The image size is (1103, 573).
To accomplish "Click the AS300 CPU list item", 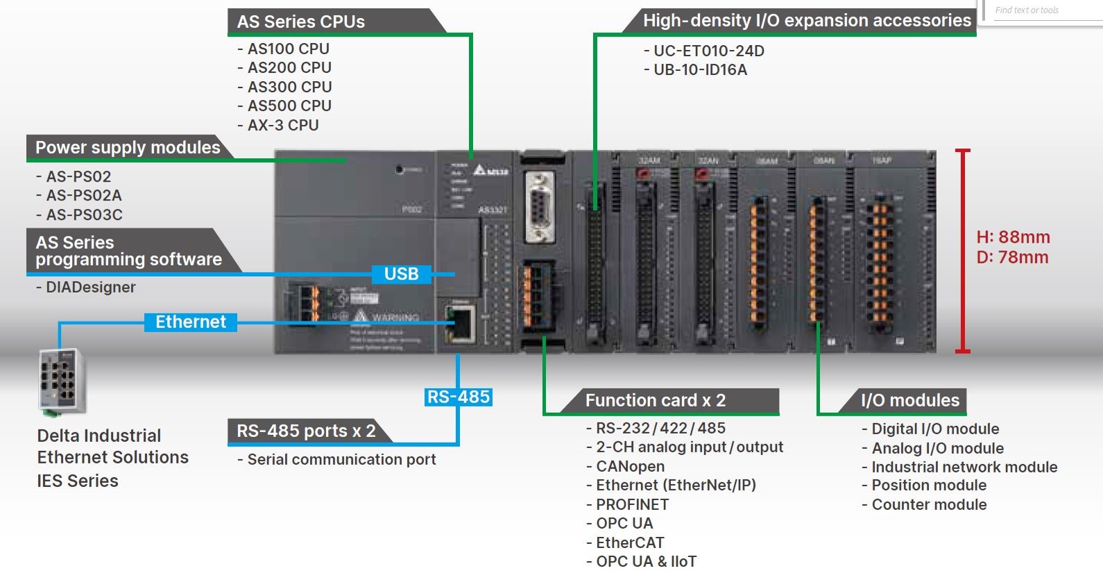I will point(289,87).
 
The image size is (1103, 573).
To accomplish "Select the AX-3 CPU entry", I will point(283,125).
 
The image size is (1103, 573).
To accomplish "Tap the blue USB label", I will point(401,274).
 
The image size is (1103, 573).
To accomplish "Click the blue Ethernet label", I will point(191,322).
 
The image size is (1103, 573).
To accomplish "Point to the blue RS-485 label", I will point(459,397).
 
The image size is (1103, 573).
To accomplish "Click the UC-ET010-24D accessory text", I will point(708,51).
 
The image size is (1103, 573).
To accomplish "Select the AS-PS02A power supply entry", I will point(83,196).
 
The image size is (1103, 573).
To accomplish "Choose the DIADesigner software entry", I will point(90,287).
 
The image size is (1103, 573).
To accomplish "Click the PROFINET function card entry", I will point(632,504).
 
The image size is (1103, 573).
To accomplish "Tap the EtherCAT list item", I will point(630,542).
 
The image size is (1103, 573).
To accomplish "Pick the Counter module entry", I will point(929,504).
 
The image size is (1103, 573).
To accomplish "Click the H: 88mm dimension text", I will point(1013,237).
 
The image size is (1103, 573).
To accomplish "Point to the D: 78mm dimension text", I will point(1012,257).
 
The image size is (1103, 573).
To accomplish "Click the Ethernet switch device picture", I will point(62,382).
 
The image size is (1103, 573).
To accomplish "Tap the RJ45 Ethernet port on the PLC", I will point(460,323).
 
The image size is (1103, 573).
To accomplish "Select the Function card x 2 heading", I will point(655,400).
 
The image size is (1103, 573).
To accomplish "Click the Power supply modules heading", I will point(128,147).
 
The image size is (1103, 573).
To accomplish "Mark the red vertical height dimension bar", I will point(962,250).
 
